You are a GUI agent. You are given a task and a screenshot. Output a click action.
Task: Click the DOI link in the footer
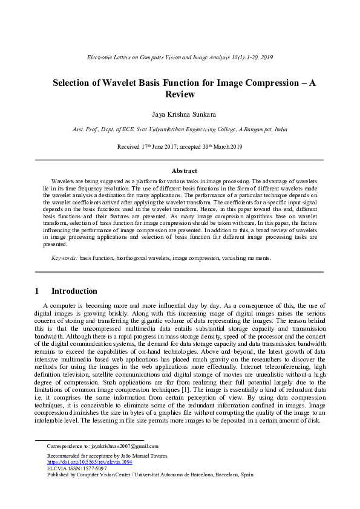(x=90, y=462)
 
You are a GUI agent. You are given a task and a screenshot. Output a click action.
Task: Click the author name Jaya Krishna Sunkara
(x=180, y=114)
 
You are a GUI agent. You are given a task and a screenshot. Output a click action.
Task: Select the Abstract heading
(x=180, y=171)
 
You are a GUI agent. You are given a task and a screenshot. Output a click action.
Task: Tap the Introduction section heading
(x=74, y=291)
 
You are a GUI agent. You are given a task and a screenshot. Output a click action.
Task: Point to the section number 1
(x=38, y=291)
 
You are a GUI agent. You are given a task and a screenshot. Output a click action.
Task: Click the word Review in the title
(x=180, y=94)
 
